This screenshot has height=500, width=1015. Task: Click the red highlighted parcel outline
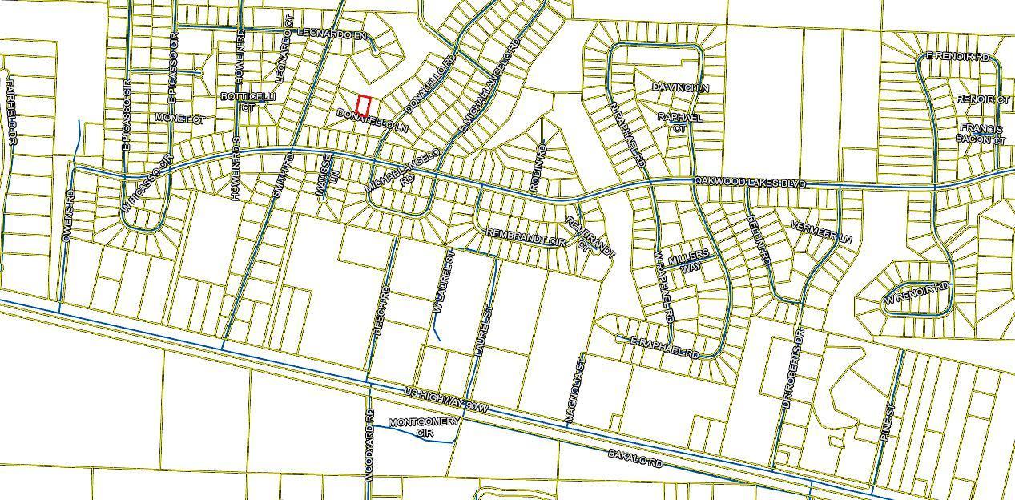[363, 105]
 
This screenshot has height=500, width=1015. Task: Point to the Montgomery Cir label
[424, 427]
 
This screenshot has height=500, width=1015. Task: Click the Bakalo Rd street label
[636, 458]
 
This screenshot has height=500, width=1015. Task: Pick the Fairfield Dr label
[11, 111]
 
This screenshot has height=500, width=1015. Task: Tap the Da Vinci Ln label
[681, 87]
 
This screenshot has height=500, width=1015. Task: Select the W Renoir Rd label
[916, 293]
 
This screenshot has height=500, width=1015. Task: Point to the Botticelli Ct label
[248, 101]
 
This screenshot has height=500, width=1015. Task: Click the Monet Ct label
[180, 119]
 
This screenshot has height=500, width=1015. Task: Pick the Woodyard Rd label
[369, 446]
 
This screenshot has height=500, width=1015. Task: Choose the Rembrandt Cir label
[526, 238]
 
